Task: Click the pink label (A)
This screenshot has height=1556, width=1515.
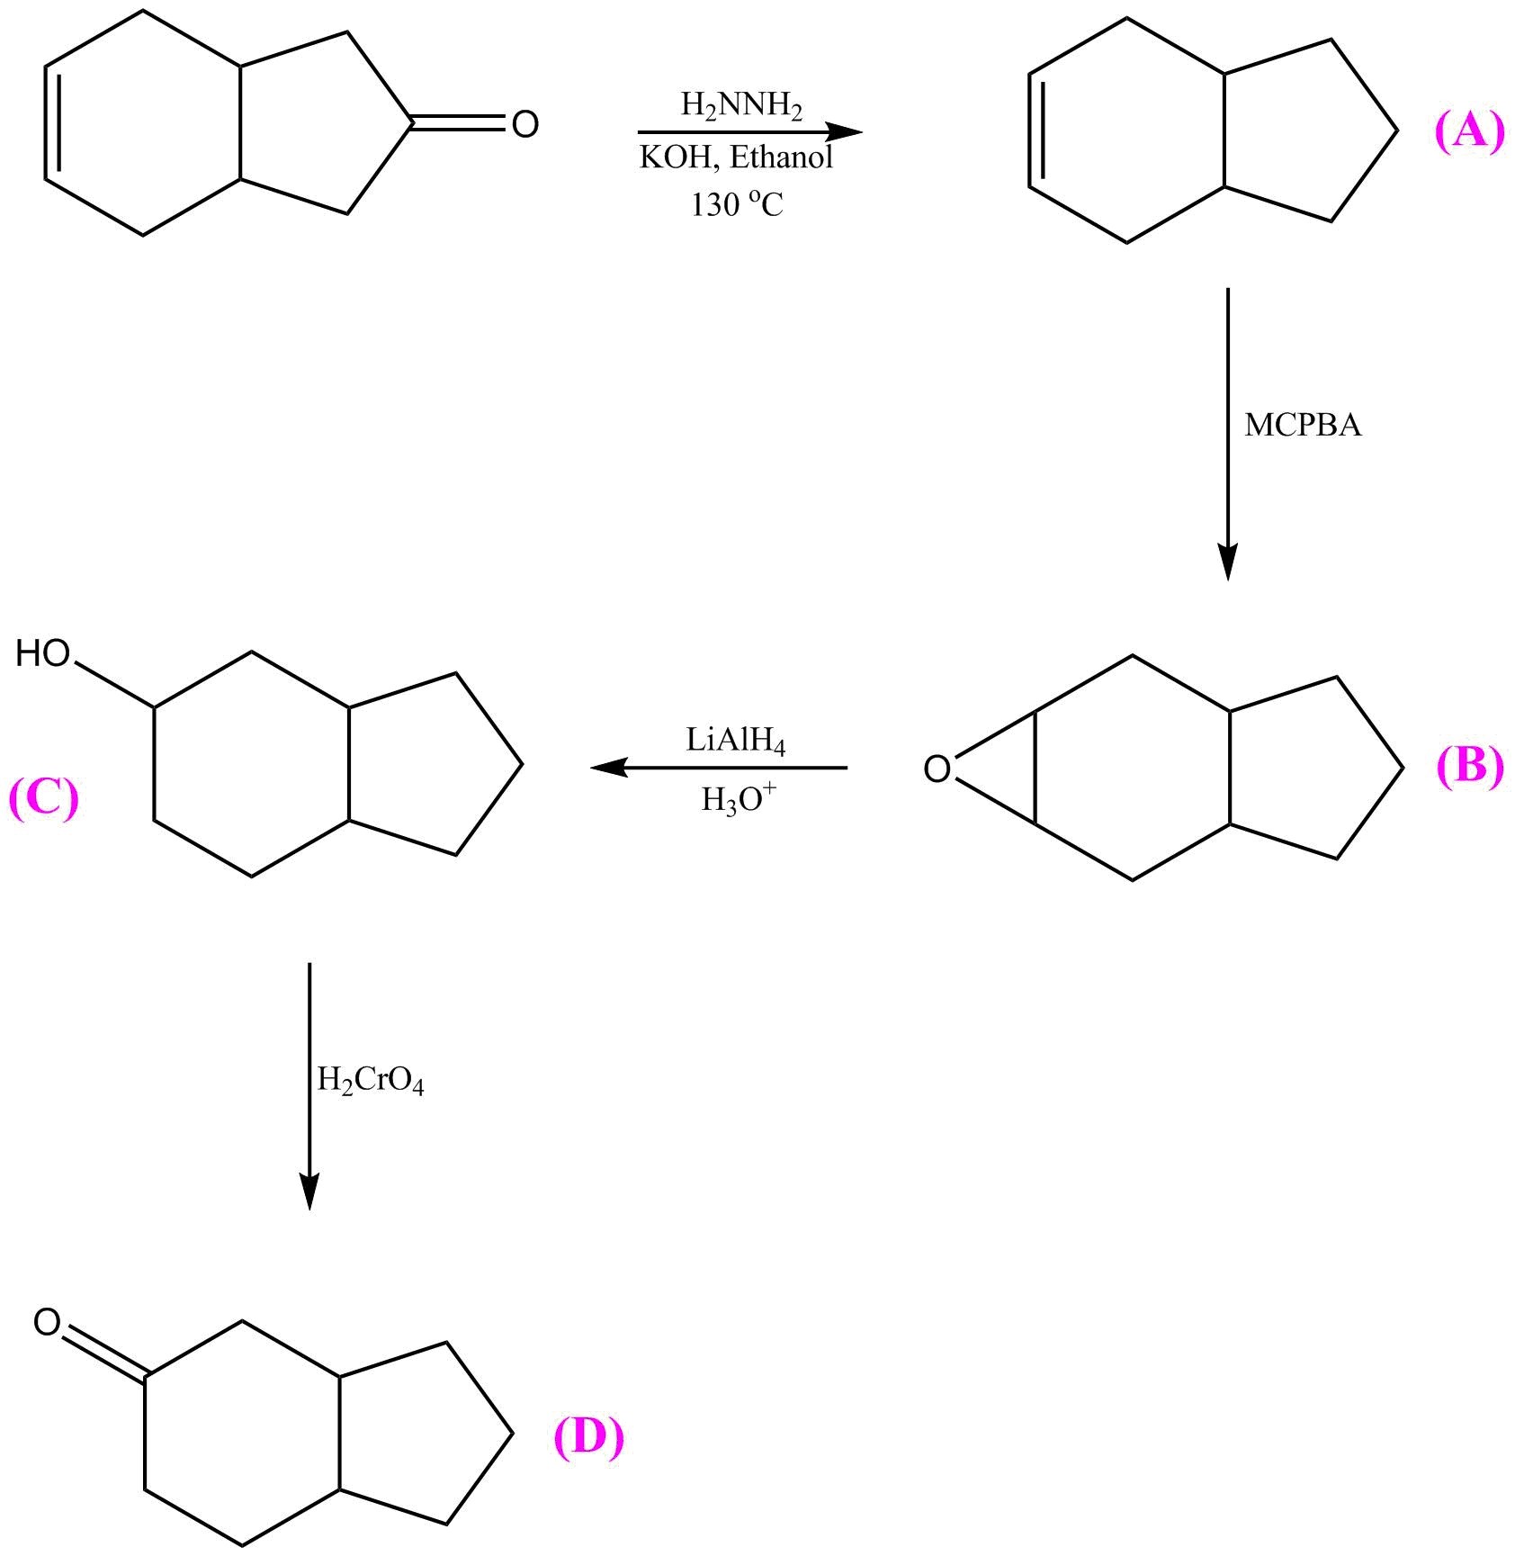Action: (x=1468, y=132)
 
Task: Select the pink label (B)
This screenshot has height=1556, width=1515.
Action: (x=1469, y=767)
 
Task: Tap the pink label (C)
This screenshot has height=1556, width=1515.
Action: (x=43, y=798)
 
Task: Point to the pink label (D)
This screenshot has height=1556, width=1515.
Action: (x=588, y=1437)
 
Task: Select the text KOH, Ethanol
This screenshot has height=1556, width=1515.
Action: (x=736, y=157)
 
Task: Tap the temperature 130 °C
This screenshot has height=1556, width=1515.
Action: (x=736, y=205)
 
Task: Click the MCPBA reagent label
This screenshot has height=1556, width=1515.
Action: (x=1303, y=425)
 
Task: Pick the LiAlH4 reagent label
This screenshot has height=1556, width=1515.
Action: (x=736, y=742)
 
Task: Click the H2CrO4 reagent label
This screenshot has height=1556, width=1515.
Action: (x=370, y=1080)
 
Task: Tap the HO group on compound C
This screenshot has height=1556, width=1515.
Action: (x=42, y=653)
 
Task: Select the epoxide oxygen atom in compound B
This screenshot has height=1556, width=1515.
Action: (x=937, y=769)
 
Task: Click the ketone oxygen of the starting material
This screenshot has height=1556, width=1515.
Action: (x=524, y=124)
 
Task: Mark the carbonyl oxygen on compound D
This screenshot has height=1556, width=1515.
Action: (x=47, y=1322)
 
